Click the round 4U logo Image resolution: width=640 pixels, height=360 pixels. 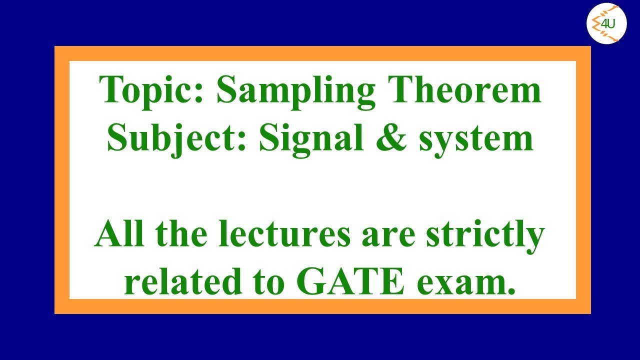[606, 24]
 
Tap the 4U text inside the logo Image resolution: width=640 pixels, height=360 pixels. [608, 23]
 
